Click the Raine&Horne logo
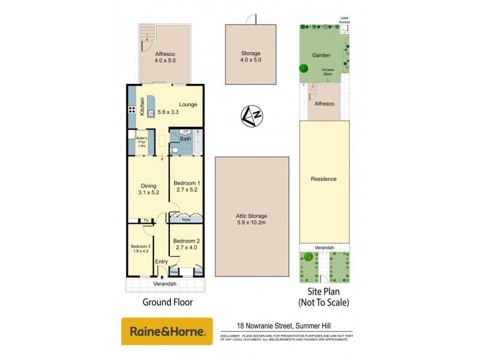167,331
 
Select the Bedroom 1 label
186,182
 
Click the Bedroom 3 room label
140,246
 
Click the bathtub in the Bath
199,145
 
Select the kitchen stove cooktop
131,110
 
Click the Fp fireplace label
146,220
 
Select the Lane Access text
344,20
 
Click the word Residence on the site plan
323,179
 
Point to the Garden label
322,55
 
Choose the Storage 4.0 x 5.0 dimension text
250,60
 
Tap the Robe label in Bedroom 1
187,220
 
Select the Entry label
161,262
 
